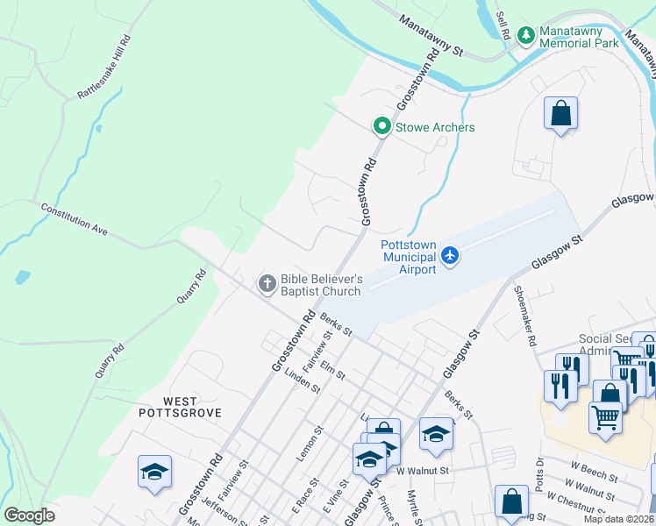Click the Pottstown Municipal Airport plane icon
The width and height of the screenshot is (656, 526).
click(450, 255)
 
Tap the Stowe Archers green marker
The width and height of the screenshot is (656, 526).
click(381, 127)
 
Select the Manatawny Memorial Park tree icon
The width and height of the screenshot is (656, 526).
click(525, 36)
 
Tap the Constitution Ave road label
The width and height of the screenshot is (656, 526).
click(74, 219)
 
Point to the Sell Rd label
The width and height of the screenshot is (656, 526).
click(503, 25)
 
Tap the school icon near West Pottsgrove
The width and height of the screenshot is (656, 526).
click(154, 471)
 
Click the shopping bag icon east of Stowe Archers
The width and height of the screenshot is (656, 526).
click(560, 113)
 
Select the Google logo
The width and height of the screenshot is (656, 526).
click(29, 515)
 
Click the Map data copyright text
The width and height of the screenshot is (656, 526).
click(617, 519)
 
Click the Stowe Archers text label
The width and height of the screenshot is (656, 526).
click(435, 127)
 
